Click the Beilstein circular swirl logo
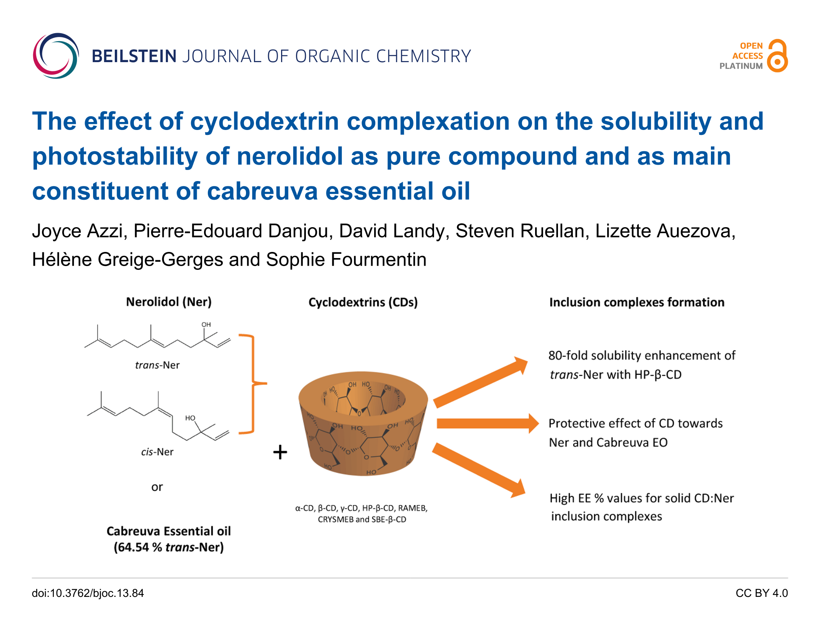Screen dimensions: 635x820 coord(56,56)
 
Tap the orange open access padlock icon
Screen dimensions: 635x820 coord(777,56)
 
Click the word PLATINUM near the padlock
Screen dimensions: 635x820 coord(741,66)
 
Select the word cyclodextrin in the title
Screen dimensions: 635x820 coord(264,121)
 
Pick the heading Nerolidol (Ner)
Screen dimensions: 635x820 coord(169,302)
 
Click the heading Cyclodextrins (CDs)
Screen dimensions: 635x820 coord(363,302)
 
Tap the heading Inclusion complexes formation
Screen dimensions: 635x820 coord(637,302)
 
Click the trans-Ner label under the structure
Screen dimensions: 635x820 coord(157,365)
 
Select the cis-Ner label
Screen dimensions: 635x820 coord(157,452)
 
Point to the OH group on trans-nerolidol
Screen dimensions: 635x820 coord(206,325)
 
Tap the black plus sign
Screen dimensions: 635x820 coord(280,452)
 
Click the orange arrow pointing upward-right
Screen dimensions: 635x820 coord(481,383)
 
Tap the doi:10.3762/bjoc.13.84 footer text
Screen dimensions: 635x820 coord(88,593)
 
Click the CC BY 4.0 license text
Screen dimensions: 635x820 coord(761,593)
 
